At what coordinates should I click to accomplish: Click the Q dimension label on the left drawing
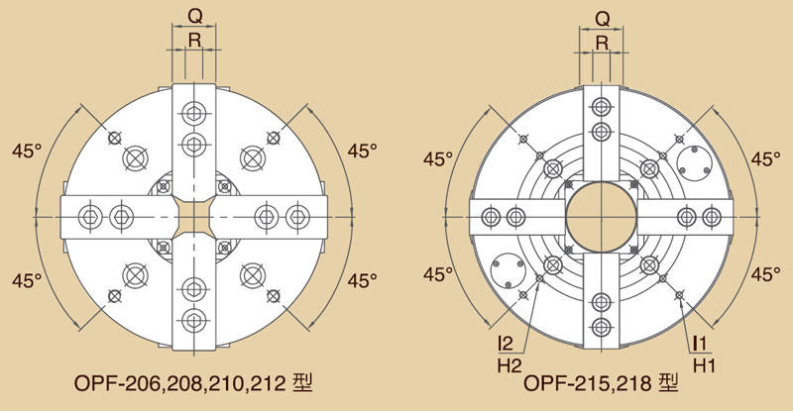coord(194,16)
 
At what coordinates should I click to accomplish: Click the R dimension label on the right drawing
coord(602,43)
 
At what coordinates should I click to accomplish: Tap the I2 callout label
coord(506,344)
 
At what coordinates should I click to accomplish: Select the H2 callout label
coord(509,365)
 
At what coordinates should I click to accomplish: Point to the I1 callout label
coord(701,344)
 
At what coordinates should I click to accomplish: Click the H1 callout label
coord(704,365)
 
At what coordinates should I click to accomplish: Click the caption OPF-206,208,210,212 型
coord(193,383)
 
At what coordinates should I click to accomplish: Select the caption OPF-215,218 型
coord(601,383)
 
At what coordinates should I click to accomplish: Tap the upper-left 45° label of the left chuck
coord(27,151)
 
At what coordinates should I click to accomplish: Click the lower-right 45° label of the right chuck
coord(765,274)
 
